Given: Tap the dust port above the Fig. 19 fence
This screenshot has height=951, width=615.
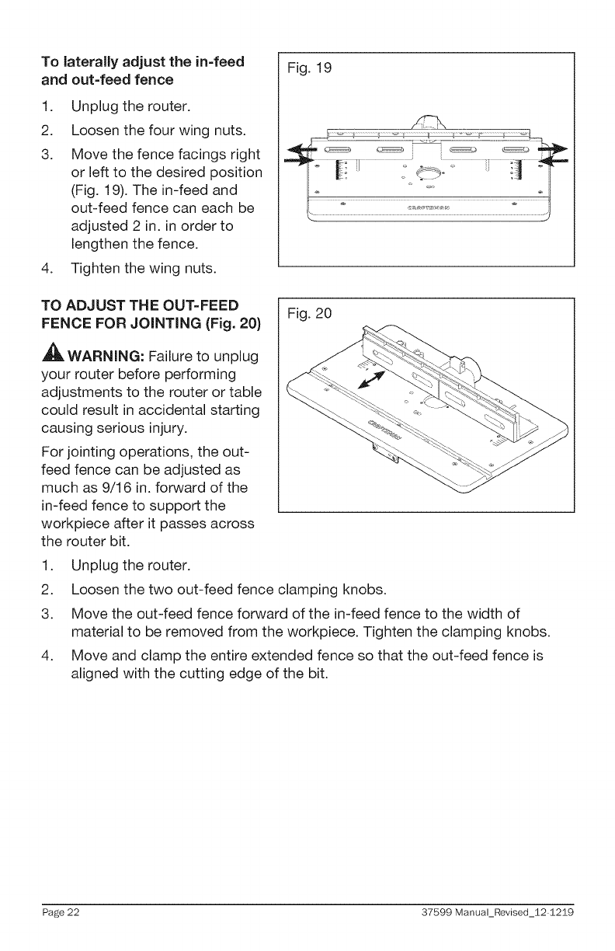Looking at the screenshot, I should [429, 121].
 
